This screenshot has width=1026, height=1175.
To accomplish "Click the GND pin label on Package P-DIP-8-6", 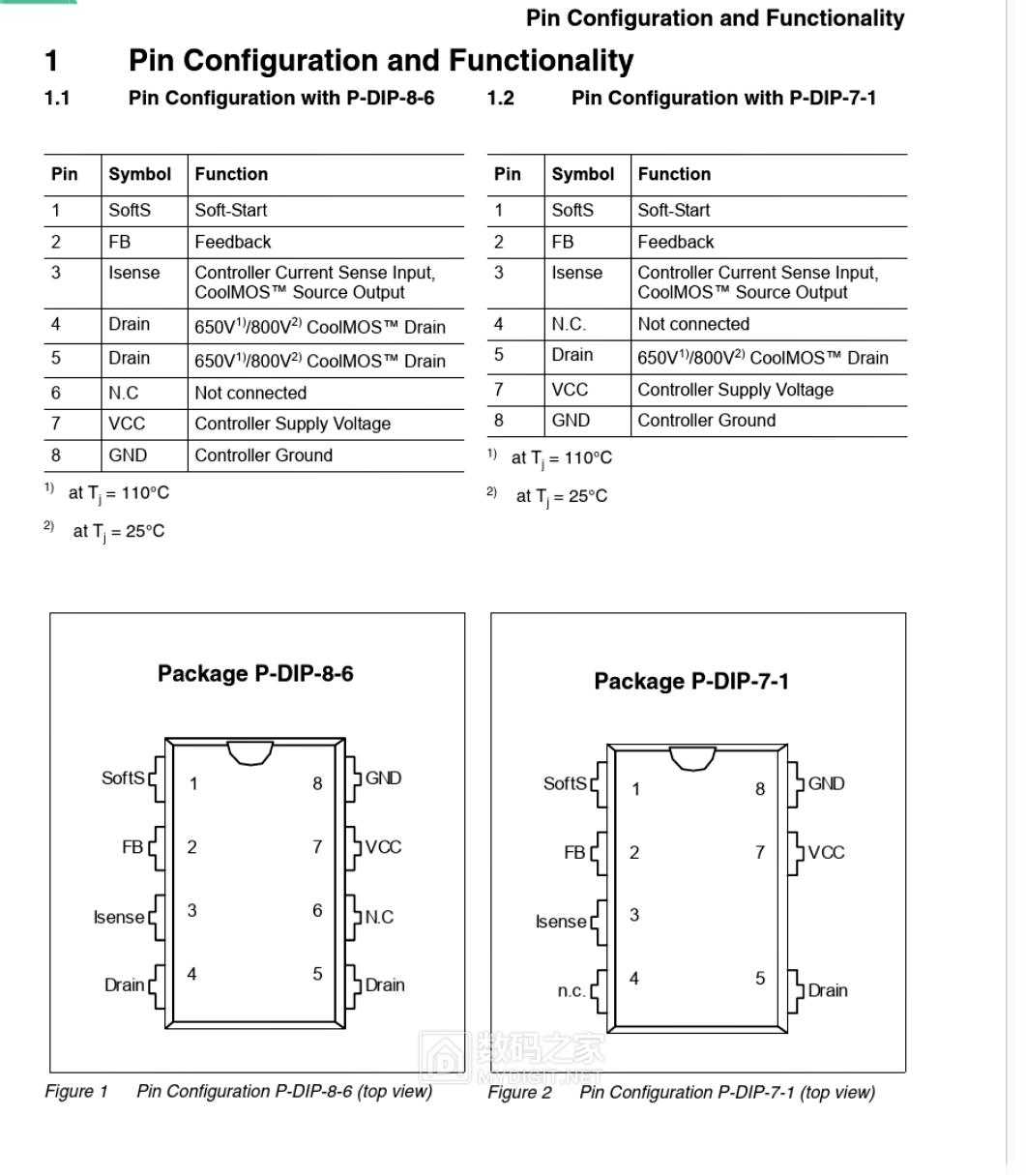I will (x=383, y=778).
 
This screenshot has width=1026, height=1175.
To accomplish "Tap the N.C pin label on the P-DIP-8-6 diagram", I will (x=379, y=917).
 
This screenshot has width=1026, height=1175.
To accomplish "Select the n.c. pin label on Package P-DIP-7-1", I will (x=571, y=991).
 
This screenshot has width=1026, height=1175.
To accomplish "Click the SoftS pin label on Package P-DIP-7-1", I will (x=565, y=783).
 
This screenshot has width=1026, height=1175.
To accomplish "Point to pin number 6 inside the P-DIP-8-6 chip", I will (x=317, y=911).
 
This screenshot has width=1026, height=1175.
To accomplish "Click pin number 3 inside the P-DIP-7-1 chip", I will (x=634, y=915).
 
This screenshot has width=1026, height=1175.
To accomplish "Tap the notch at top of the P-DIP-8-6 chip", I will (x=250, y=751).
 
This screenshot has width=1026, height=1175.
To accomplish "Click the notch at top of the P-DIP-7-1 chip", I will (x=692, y=757).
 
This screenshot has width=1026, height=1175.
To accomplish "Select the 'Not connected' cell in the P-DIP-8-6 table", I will (x=250, y=393).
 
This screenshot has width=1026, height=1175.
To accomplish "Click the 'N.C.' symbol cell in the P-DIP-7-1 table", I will (x=569, y=324).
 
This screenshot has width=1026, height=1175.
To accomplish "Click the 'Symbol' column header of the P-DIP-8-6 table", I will (x=139, y=174).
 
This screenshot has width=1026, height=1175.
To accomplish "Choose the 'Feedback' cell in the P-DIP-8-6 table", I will (x=233, y=242).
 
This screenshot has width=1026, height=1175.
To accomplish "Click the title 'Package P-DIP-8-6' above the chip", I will (x=255, y=673).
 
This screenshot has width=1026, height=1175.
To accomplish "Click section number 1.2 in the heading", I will (x=500, y=98).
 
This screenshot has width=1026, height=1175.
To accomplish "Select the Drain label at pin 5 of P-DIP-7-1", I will (x=828, y=990).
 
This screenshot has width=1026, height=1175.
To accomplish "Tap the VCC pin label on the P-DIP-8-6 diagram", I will (x=383, y=847).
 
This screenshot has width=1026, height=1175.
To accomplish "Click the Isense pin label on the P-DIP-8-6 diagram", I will (x=119, y=917).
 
